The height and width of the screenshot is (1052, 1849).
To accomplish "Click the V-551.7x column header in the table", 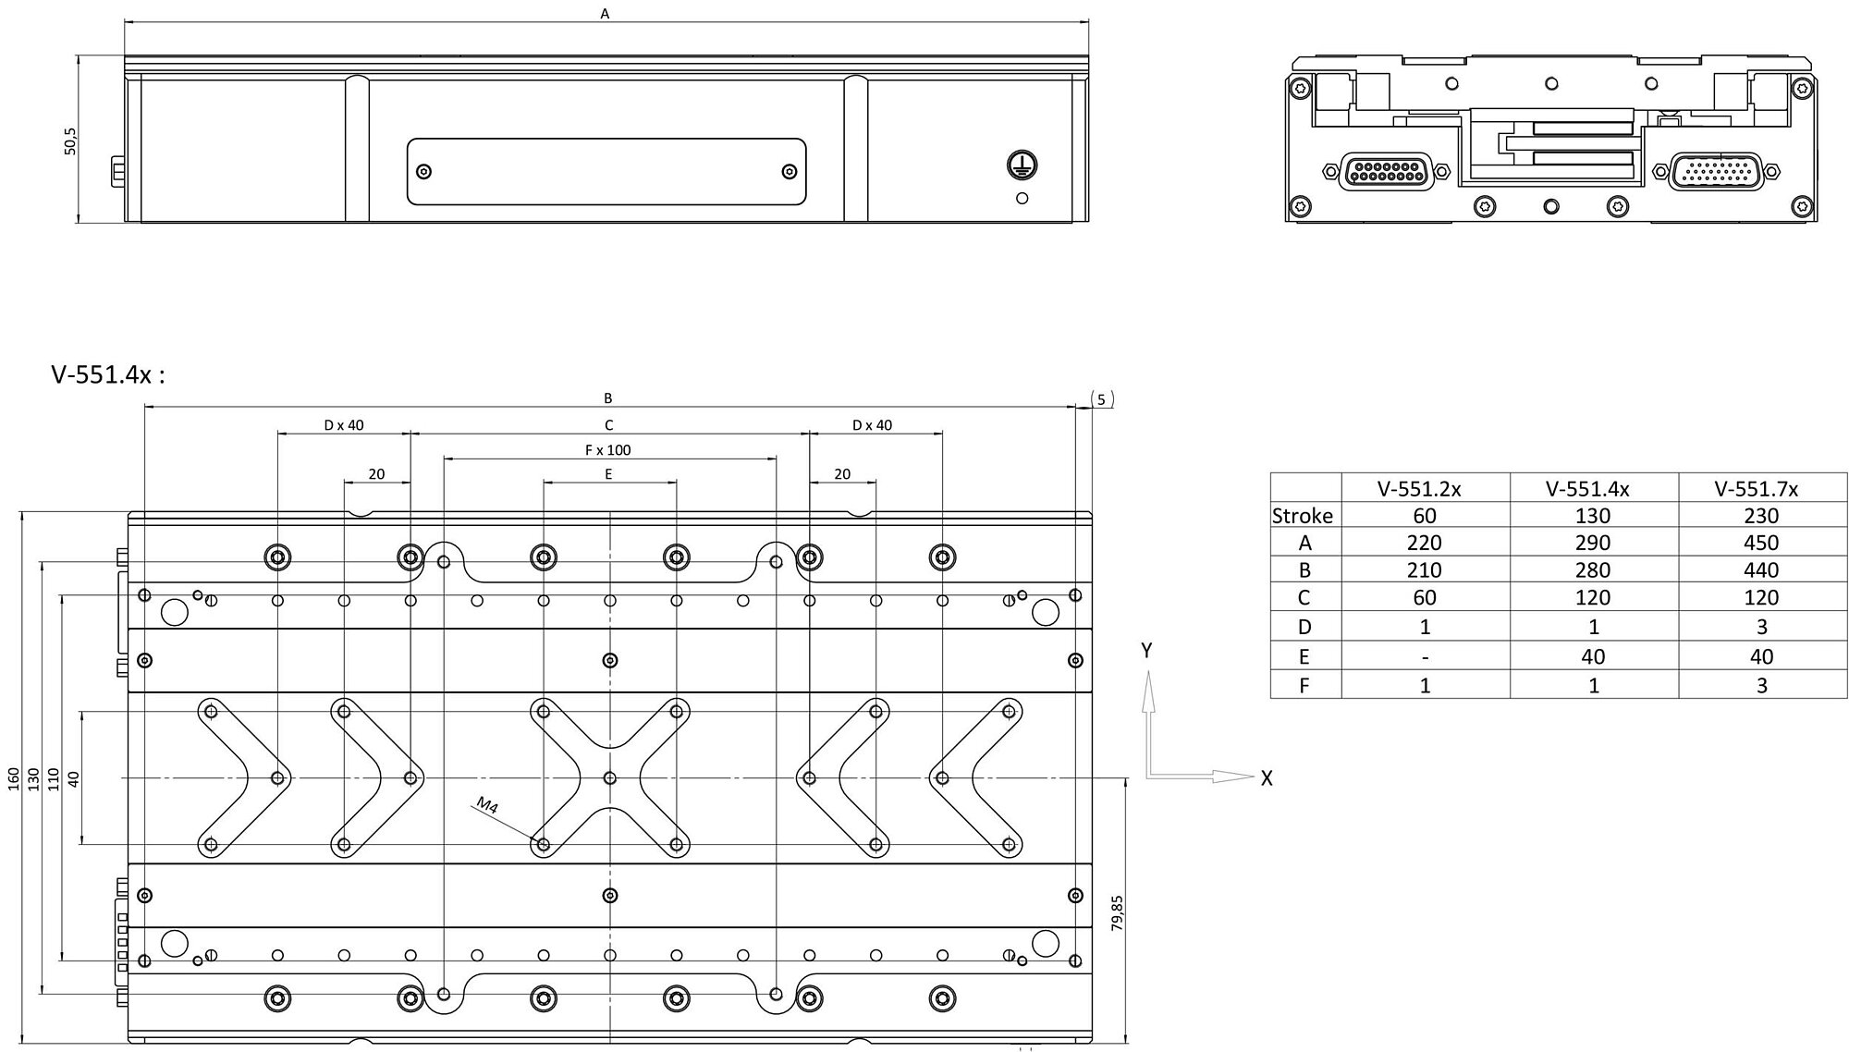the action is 1761,488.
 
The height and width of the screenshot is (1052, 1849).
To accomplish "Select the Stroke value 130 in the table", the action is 1592,516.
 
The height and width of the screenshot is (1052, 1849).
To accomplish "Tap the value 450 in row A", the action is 1761,543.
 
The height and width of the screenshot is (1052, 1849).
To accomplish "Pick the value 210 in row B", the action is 1424,570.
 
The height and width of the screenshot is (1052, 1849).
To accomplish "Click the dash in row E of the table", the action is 1425,657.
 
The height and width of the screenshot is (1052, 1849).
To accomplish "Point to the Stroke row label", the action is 1303,516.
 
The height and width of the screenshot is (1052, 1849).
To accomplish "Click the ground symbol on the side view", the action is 1022,165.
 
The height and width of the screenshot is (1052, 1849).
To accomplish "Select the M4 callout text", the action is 487,805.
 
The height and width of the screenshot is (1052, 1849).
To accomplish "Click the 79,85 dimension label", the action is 1117,912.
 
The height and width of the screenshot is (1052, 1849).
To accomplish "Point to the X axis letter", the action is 1267,778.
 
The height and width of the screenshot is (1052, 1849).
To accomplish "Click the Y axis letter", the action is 1146,651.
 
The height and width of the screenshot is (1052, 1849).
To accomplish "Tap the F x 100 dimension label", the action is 608,450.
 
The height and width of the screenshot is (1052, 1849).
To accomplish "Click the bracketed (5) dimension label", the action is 1101,399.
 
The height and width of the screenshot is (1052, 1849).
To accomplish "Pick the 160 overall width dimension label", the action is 13,778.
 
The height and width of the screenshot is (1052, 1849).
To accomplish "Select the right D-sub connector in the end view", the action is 1716,171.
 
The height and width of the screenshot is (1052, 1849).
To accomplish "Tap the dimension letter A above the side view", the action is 605,13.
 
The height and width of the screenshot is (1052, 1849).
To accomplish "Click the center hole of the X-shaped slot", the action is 609,777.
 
